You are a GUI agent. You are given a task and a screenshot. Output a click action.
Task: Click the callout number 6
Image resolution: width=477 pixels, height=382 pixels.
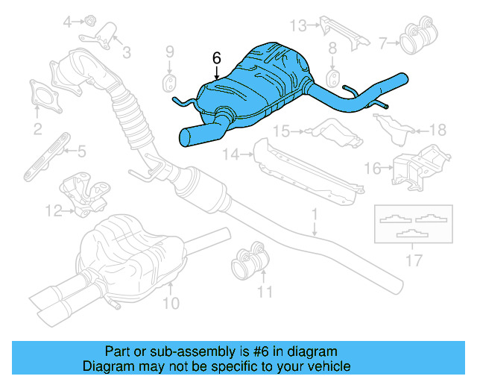pos(217,57)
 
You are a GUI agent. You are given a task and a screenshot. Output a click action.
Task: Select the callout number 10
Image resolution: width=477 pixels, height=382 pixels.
pos(171,303)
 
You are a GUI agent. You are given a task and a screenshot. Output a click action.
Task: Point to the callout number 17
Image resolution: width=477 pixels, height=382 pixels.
pos(414,260)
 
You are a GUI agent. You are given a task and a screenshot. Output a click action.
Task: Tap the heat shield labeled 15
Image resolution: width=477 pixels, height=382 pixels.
pos(330,131)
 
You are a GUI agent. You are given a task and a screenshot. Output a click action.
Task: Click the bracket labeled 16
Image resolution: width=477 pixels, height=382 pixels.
pos(417,165)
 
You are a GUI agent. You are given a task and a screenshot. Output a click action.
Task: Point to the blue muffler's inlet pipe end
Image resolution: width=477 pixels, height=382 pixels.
pos(191,137)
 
